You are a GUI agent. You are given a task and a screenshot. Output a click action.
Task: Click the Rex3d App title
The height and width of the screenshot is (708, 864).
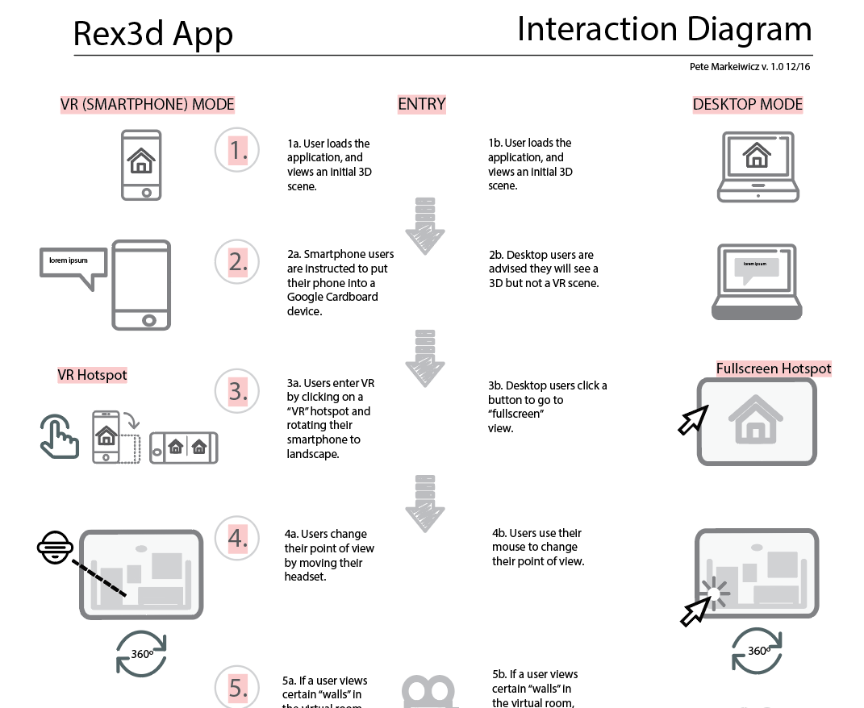153,34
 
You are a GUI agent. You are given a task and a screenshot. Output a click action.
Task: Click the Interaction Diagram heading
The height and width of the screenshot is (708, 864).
664,29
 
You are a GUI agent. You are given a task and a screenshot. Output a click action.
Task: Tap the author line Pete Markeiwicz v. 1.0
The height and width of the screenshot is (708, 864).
749,67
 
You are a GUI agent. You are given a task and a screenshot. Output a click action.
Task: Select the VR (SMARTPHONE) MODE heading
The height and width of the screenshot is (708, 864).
147,105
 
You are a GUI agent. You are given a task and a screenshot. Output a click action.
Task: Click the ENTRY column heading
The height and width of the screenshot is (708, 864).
421,104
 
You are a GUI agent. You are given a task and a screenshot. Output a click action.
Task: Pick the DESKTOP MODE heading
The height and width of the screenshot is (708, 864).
747,105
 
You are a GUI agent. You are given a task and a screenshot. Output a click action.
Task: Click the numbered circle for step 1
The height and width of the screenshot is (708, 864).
237,150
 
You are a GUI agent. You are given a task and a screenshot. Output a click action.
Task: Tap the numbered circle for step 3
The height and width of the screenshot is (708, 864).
237,391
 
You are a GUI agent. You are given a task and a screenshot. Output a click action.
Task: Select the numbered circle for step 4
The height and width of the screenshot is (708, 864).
237,538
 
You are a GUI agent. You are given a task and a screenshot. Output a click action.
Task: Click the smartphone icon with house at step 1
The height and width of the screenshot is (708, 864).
141,165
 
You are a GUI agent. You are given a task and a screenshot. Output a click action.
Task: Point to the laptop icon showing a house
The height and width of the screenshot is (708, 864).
758,167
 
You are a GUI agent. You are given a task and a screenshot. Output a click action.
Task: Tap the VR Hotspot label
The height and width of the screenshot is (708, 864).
92,375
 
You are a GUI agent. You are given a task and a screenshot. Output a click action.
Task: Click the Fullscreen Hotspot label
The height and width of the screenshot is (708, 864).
773,369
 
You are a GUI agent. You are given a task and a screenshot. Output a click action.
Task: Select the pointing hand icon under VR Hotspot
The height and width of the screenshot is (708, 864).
60,436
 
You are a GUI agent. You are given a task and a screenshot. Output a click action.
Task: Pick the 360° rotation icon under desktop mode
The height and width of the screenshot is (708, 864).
757,651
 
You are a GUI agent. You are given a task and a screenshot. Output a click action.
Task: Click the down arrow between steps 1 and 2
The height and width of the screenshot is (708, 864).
425,227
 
